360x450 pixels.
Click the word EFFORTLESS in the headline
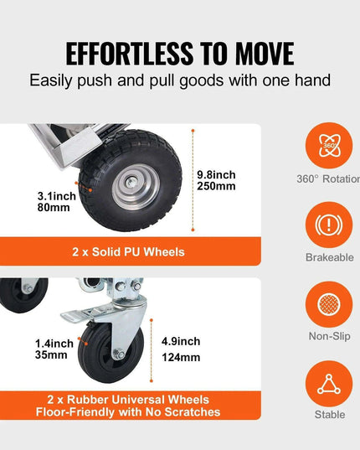(116, 53)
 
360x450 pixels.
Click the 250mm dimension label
(217, 187)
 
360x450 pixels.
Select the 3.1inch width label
(57, 196)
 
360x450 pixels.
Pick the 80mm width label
(54, 209)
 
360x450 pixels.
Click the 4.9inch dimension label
(178, 341)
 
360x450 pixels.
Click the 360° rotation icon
(329, 147)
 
